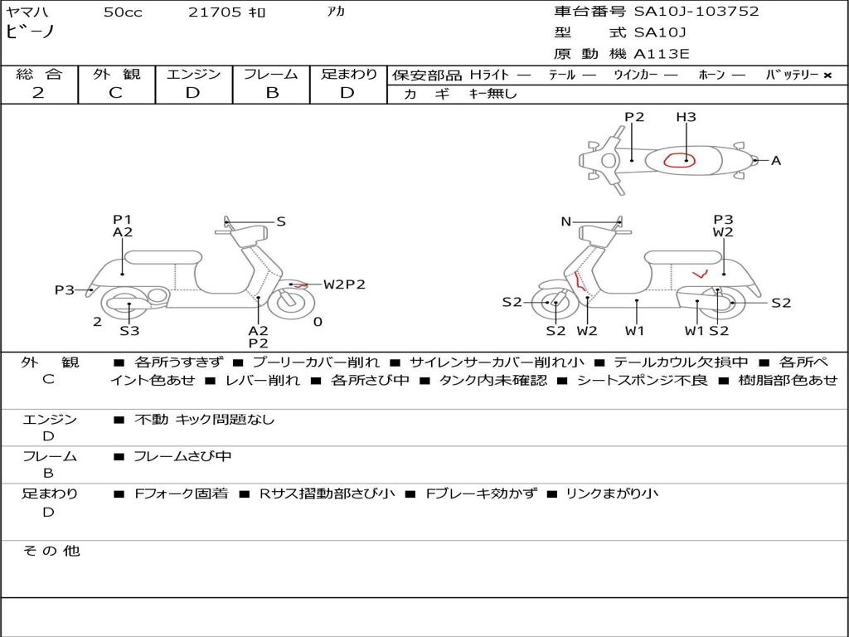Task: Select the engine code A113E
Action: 662,55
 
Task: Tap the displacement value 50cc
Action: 123,12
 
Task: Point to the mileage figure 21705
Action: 216,12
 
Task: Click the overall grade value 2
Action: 38,93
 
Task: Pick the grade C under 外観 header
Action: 115,93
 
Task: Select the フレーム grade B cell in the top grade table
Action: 272,93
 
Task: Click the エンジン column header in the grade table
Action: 193,75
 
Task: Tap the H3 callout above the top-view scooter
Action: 686,117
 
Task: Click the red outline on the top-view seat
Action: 680,160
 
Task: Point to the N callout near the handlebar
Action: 566,221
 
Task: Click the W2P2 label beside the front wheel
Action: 344,284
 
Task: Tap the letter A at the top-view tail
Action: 776,161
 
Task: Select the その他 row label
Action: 51,551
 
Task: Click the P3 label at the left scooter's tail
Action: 65,290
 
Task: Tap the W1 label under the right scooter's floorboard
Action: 635,332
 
